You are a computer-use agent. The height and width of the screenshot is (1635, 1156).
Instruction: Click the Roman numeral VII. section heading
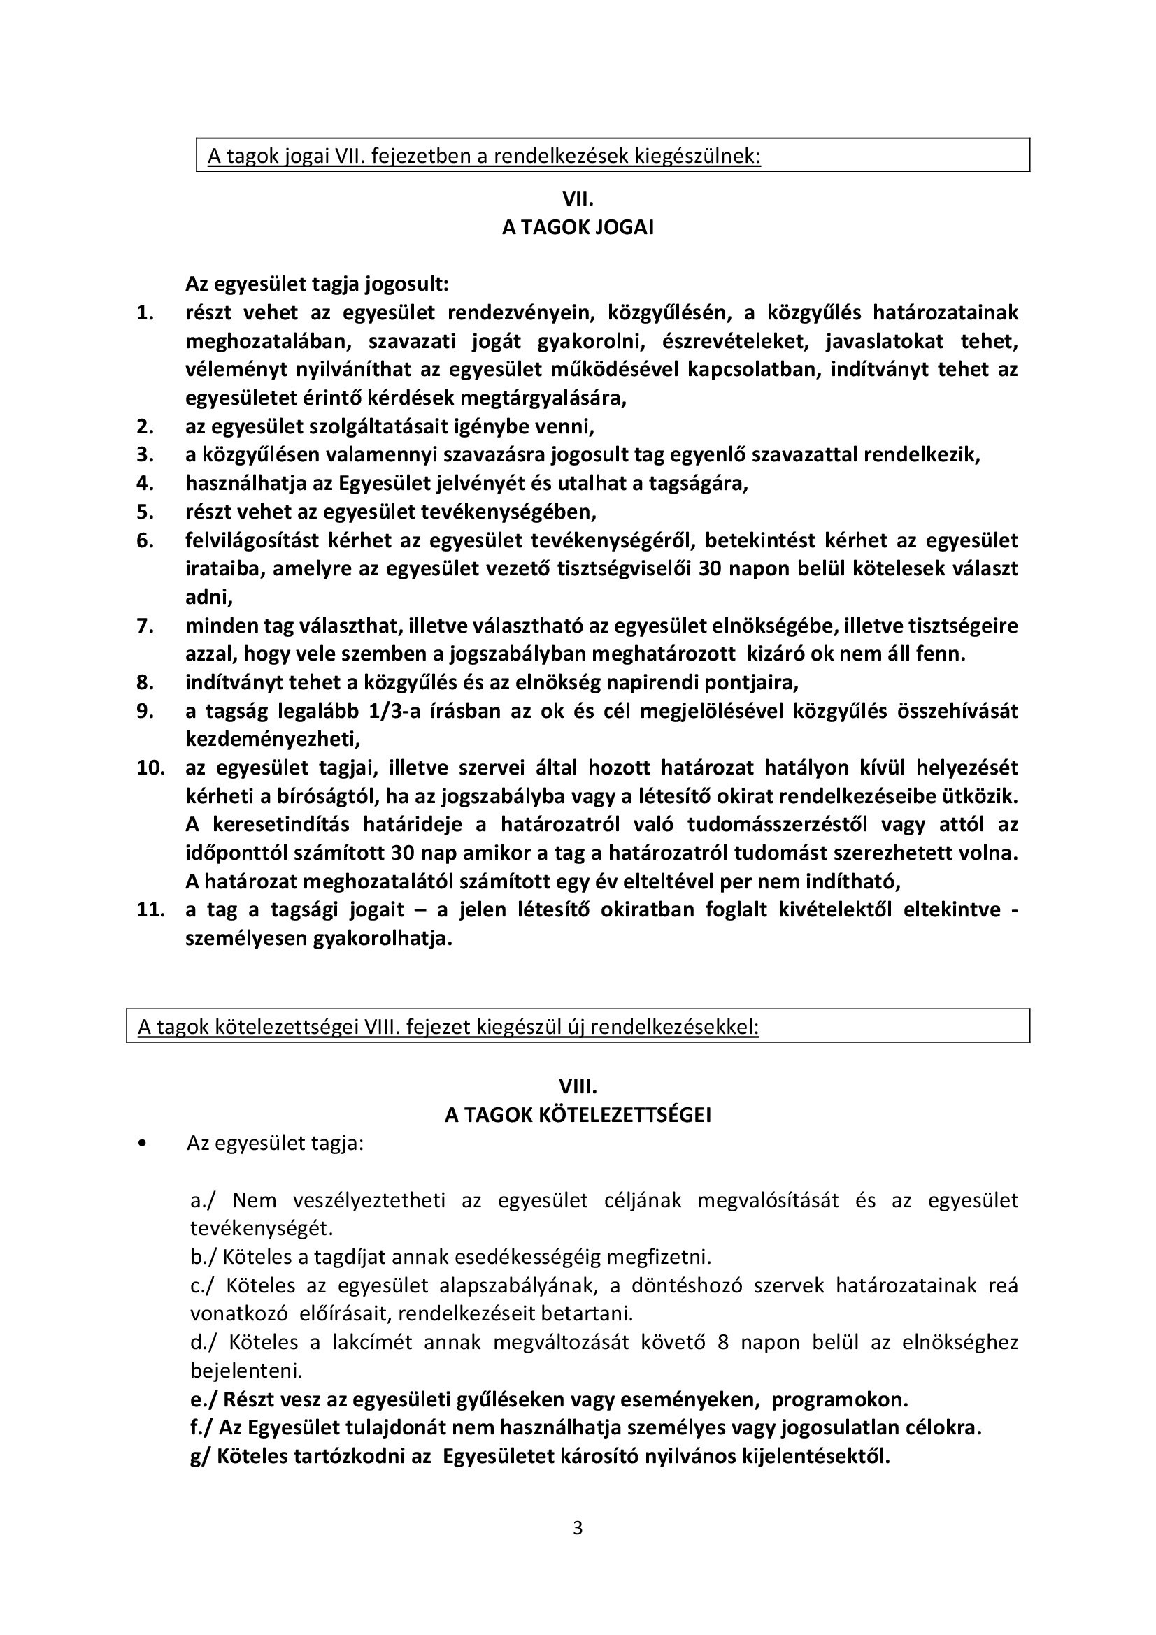tap(578, 199)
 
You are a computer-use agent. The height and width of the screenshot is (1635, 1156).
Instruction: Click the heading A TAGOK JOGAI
tap(578, 228)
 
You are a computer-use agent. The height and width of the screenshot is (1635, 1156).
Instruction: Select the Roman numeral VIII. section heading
tap(578, 1087)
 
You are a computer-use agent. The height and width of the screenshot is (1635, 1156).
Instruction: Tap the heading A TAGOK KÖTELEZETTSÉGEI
tap(578, 1115)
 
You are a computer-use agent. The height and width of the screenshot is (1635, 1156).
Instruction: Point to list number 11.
tap(150, 910)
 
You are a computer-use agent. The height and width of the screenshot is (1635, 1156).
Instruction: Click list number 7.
tap(145, 626)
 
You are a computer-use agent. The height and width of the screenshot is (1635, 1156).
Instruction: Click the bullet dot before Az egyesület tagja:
tap(145, 1144)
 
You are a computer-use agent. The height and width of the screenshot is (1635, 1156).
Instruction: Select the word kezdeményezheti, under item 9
tap(273, 739)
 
